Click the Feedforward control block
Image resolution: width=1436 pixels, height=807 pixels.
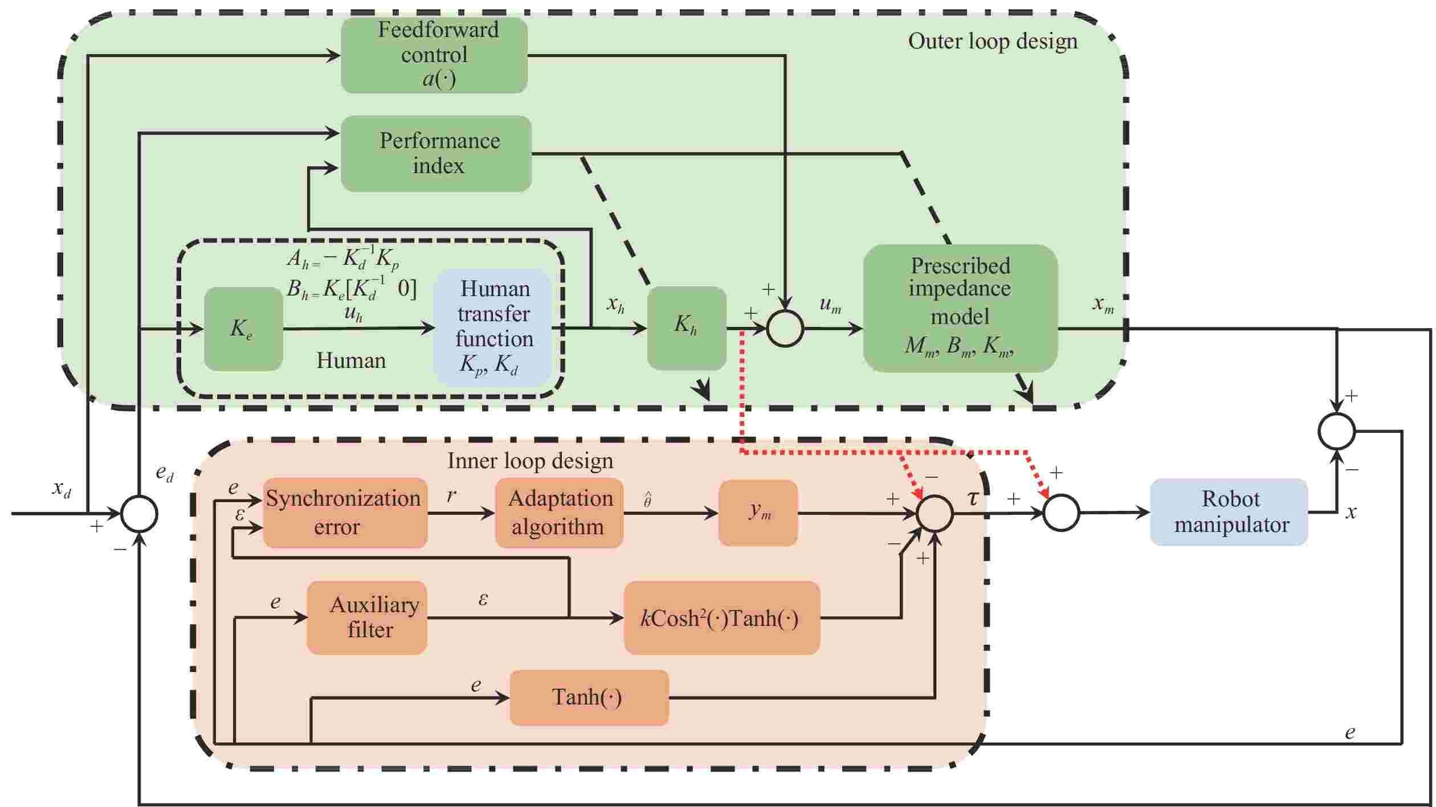click(x=434, y=55)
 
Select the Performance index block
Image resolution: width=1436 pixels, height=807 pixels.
click(x=436, y=153)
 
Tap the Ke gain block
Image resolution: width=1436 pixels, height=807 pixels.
click(x=243, y=329)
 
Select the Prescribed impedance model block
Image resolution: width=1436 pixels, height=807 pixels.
click(x=960, y=308)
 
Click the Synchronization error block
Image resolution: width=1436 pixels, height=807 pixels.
click(x=344, y=513)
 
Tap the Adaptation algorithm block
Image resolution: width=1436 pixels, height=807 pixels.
click(x=559, y=513)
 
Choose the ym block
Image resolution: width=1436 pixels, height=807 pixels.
click(x=758, y=513)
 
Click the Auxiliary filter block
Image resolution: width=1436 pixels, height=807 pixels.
click(x=366, y=617)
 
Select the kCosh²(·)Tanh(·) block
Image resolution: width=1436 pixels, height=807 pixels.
click(x=721, y=617)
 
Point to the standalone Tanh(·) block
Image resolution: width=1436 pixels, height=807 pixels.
click(x=589, y=697)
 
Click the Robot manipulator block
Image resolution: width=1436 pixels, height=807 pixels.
click(x=1229, y=511)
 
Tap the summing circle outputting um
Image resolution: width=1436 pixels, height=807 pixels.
click(x=785, y=329)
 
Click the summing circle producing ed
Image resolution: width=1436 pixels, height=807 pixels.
click(x=140, y=513)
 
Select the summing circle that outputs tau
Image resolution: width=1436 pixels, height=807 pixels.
click(x=935, y=513)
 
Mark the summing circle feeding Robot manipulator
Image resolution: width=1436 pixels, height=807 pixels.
click(x=1061, y=513)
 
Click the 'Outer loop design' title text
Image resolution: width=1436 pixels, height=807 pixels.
click(x=993, y=41)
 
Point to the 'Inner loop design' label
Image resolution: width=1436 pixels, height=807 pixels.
click(x=530, y=460)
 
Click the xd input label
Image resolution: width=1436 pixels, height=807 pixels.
click(x=62, y=488)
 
